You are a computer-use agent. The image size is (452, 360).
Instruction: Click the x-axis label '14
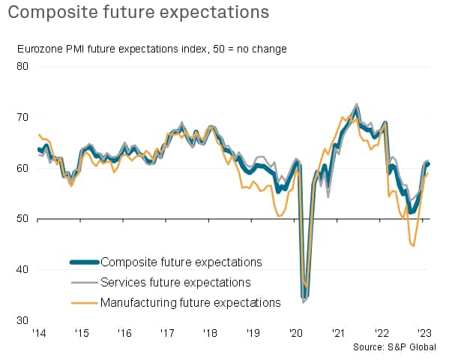click(x=37, y=333)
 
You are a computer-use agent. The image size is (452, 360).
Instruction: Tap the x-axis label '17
click(x=166, y=333)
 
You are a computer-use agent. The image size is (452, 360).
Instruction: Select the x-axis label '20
click(x=295, y=333)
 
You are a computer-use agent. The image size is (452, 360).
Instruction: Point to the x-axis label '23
click(x=424, y=333)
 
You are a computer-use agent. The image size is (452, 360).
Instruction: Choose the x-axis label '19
click(x=253, y=333)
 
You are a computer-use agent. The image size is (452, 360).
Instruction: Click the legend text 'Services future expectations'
click(x=174, y=282)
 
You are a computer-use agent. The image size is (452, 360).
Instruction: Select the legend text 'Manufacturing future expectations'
click(x=190, y=302)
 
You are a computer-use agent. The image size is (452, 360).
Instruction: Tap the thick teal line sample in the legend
click(x=83, y=262)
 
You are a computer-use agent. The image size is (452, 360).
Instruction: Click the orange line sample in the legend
click(x=83, y=302)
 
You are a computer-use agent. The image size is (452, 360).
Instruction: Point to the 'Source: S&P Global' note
click(x=401, y=348)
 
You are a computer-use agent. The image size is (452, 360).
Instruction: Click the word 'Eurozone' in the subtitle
click(x=40, y=49)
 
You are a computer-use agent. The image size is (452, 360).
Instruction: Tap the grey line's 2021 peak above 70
click(x=356, y=104)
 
